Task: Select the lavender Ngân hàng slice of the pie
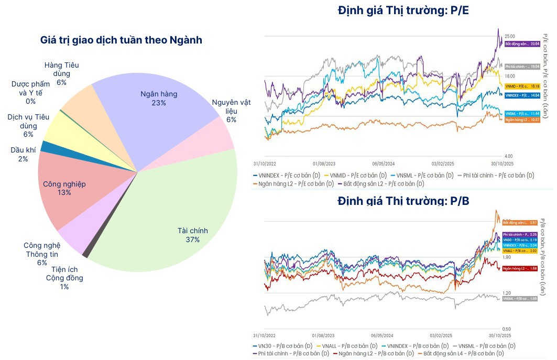pos(157,105)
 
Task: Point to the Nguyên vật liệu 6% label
pos(231,111)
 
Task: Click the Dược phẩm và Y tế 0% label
pos(30,93)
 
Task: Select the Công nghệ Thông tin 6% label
pos(42,254)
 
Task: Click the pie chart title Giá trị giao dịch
pos(121,40)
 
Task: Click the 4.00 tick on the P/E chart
pos(509,156)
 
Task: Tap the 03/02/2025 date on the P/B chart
pos(441,335)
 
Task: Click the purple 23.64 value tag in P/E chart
pos(522,44)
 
